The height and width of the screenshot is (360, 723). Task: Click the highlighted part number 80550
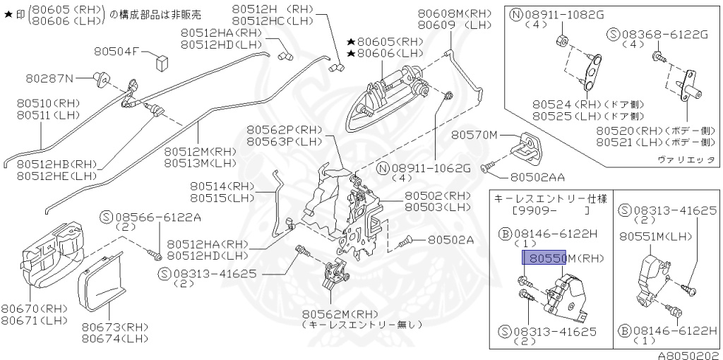coord(544,258)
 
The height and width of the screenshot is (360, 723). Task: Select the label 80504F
coord(118,52)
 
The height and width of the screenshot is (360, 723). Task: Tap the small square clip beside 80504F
coord(162,59)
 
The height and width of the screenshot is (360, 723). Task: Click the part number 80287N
coord(50,77)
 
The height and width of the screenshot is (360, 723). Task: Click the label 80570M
coord(475,134)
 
